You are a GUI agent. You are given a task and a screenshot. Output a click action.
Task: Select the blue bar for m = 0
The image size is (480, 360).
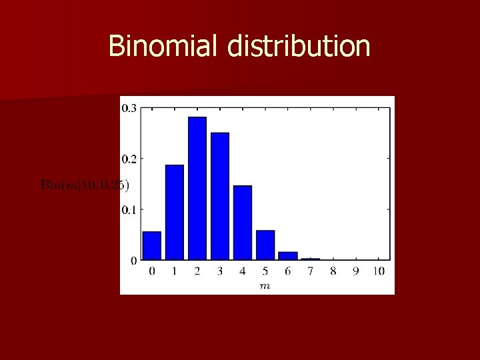click(152, 245)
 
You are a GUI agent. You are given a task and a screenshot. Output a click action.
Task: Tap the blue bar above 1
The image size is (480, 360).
click(175, 212)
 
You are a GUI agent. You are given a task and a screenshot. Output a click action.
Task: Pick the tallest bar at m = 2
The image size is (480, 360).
click(197, 188)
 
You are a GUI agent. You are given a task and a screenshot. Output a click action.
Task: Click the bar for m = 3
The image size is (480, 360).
click(220, 196)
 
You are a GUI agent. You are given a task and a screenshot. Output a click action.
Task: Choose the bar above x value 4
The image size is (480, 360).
click(243, 223)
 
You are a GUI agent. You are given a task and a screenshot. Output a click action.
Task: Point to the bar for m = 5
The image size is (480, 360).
click(265, 245)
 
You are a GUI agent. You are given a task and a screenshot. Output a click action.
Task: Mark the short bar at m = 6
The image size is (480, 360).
click(288, 255)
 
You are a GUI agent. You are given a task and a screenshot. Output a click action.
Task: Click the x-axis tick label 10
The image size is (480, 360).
click(379, 271)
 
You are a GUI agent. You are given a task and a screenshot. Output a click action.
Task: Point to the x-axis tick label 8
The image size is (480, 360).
click(333, 271)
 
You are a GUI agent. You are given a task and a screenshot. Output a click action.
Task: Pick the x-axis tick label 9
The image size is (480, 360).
click(356, 271)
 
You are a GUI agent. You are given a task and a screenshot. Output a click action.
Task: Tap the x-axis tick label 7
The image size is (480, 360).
click(311, 271)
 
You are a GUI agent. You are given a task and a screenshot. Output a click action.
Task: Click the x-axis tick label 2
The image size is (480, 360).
click(197, 271)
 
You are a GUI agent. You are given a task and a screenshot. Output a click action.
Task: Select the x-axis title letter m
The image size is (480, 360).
click(265, 285)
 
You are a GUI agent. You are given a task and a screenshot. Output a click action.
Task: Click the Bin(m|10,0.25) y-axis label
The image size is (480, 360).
click(85, 185)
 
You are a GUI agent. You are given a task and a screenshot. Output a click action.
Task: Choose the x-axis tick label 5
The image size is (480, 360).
click(265, 271)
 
